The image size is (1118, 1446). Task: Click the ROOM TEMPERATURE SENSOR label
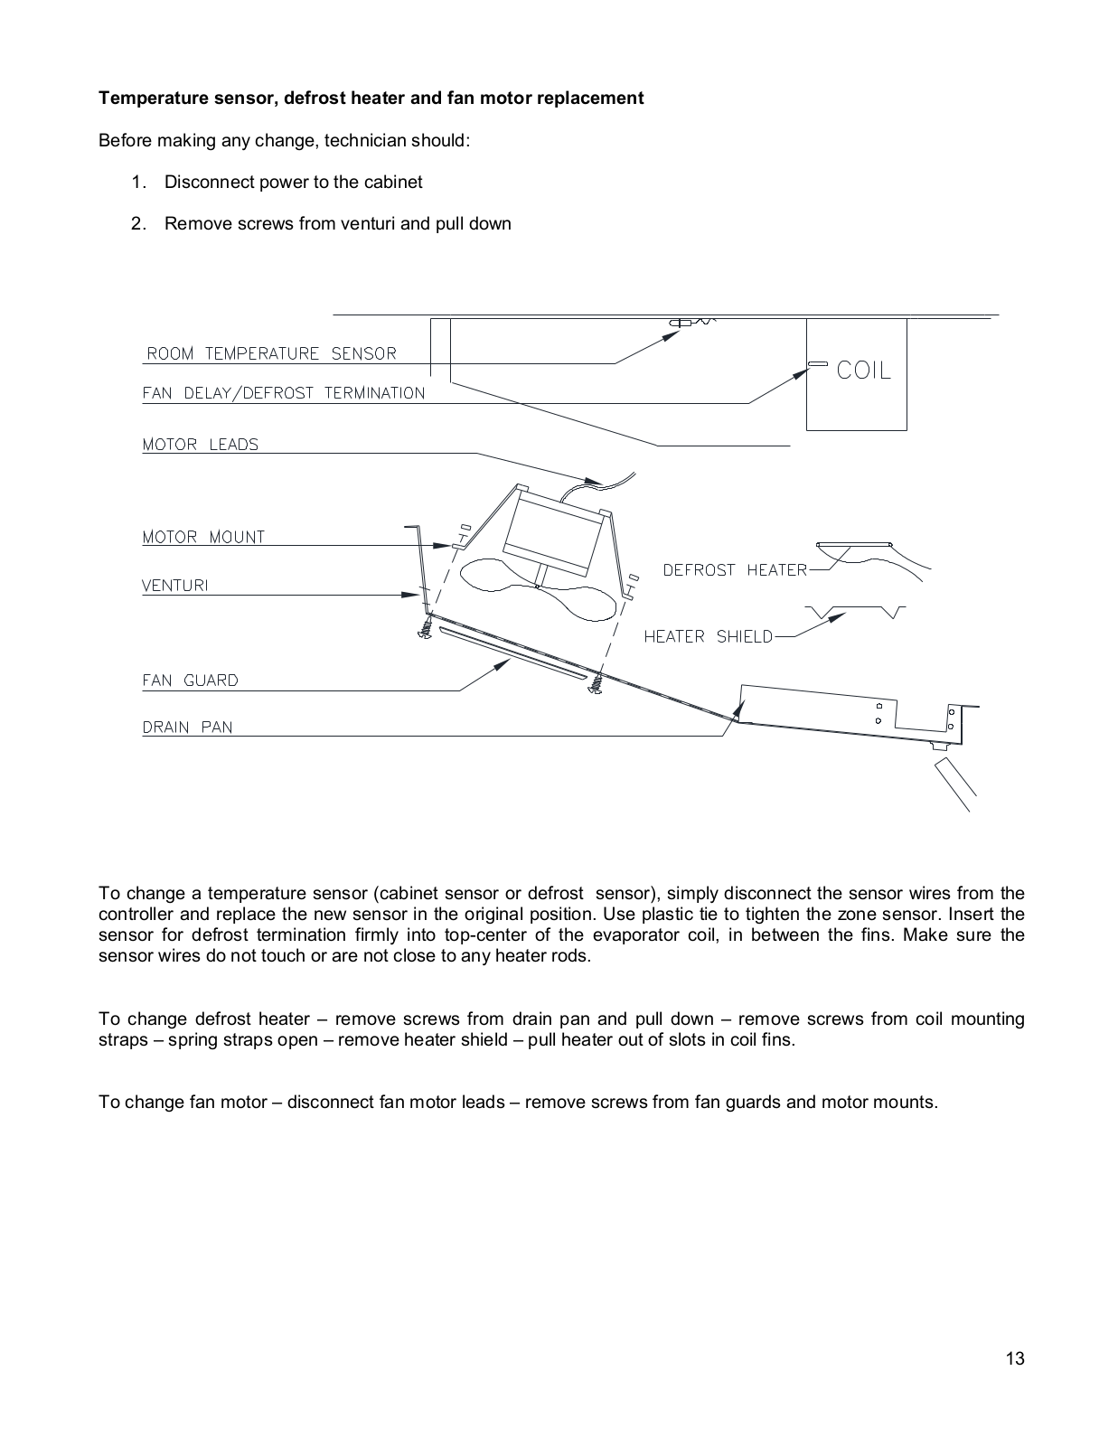[x=271, y=353]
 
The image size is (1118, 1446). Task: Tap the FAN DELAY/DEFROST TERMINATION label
[x=283, y=393]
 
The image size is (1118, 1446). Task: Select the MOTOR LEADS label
[x=200, y=445]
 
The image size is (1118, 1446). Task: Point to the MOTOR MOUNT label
[x=203, y=537]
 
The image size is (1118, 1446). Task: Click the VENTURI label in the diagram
[x=174, y=586]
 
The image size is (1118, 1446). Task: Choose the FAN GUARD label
[x=190, y=681]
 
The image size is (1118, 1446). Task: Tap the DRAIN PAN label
[x=187, y=727]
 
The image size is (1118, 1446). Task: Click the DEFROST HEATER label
[x=734, y=570]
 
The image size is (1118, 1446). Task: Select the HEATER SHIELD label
[x=708, y=637]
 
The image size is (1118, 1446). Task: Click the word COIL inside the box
[x=863, y=371]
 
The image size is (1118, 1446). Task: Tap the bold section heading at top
[x=371, y=98]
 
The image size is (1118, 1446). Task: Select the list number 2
[x=137, y=224]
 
